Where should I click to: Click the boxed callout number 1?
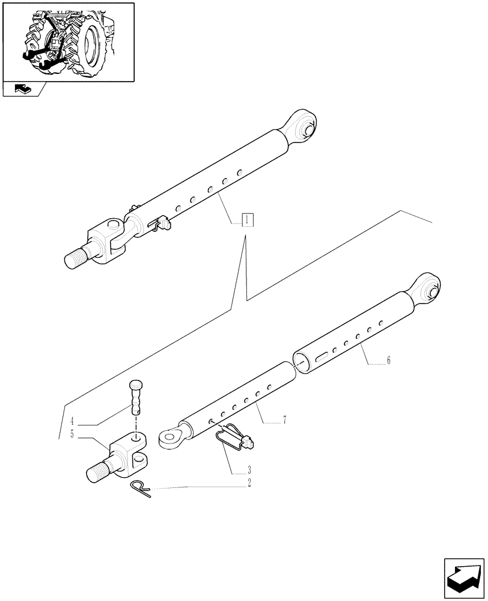[x=247, y=220]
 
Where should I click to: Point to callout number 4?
[x=72, y=421]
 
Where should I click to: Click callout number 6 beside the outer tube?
[x=388, y=361]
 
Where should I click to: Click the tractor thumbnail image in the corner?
[x=67, y=41]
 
